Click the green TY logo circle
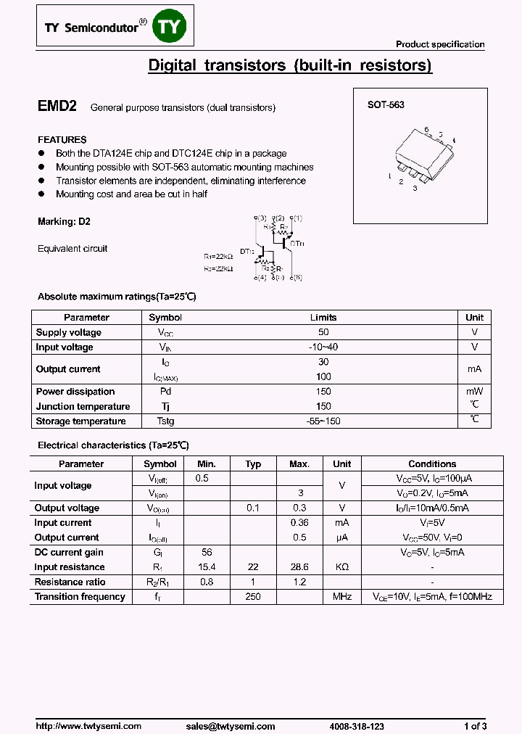171,28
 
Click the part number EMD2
57,106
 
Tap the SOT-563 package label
386,104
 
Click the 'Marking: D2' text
64,221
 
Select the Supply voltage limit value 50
323,332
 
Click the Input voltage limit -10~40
323,347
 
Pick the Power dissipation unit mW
474,392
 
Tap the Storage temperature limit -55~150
323,421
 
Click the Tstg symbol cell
165,421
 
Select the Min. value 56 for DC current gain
207,553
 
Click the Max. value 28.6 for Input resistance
299,567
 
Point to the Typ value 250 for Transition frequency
253,597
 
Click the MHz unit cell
341,597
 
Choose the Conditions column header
432,464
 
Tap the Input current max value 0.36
299,523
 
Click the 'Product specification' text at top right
440,44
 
